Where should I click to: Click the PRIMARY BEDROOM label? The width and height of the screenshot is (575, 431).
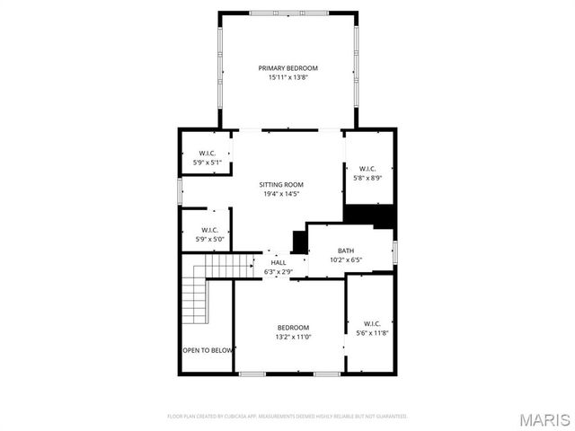[x=287, y=68]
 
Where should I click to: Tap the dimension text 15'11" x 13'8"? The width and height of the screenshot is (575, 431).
[x=287, y=78]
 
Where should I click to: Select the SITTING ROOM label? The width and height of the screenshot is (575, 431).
[x=281, y=184]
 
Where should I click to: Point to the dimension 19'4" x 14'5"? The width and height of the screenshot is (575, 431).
[x=281, y=194]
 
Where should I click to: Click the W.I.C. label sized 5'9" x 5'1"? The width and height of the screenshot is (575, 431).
[x=207, y=154]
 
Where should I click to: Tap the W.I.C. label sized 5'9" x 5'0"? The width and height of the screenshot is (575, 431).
[x=208, y=230]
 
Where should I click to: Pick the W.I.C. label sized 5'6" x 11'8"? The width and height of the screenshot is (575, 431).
[x=373, y=323]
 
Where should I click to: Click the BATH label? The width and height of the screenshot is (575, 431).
[x=346, y=251]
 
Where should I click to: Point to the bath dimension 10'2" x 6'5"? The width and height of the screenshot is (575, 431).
[x=346, y=260]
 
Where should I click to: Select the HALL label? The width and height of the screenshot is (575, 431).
[x=279, y=262]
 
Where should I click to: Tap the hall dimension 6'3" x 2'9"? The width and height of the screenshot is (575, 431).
[x=279, y=271]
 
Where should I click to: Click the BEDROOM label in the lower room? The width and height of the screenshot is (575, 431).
[x=293, y=327]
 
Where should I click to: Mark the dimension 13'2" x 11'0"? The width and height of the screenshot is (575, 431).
[x=293, y=337]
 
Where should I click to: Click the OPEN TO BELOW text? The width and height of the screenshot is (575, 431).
[x=208, y=350]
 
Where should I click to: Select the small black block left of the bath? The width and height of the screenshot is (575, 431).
[x=299, y=242]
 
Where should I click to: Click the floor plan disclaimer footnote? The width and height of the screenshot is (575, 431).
[x=287, y=417]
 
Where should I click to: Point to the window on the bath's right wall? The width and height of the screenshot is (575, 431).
[x=395, y=251]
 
